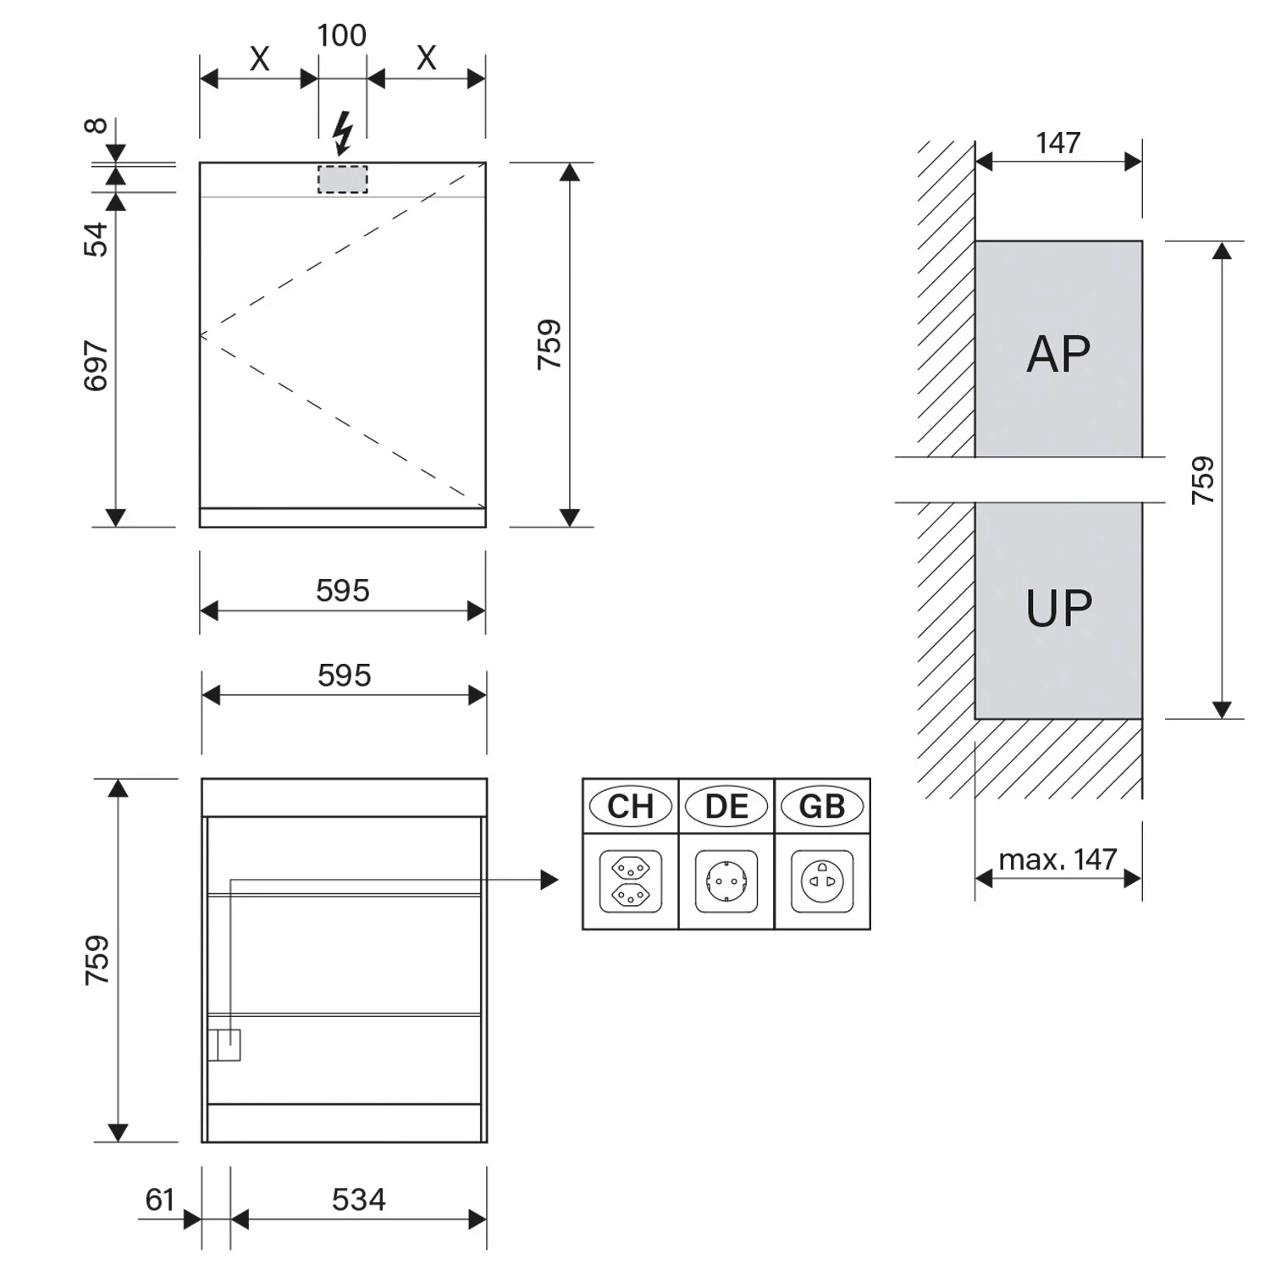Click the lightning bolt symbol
[x=343, y=134]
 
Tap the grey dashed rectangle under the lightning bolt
[x=343, y=179]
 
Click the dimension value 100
[x=342, y=36]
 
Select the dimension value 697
[x=97, y=366]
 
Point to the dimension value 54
[x=97, y=239]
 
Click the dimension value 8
[x=97, y=126]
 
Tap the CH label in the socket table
[x=631, y=806]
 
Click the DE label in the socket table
[x=726, y=806]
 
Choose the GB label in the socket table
[x=822, y=806]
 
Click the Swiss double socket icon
[x=631, y=881]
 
